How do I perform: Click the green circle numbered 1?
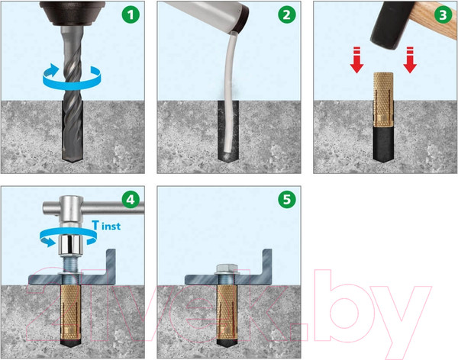click(x=131, y=15)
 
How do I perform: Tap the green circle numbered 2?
click(x=287, y=15)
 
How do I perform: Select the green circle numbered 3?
click(x=443, y=15)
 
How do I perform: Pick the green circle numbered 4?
click(x=131, y=200)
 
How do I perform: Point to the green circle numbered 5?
click(x=287, y=200)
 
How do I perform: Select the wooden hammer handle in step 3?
click(x=432, y=18)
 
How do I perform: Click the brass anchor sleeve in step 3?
click(x=383, y=99)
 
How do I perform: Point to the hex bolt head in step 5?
click(x=227, y=269)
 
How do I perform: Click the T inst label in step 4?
click(x=106, y=226)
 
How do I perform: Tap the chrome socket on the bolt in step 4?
click(x=69, y=245)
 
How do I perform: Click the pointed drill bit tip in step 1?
click(x=73, y=162)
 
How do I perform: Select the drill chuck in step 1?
click(x=73, y=13)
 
